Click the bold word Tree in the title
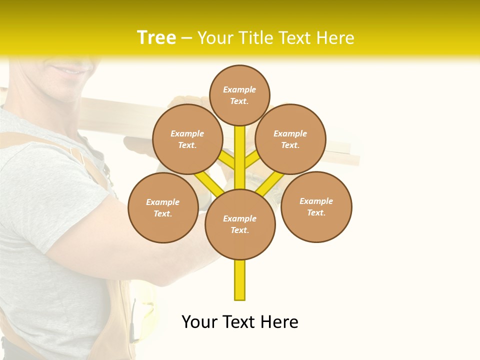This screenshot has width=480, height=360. (156, 38)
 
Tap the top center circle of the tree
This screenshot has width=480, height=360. (239, 95)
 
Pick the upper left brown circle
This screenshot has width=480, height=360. (187, 139)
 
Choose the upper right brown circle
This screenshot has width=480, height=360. (290, 139)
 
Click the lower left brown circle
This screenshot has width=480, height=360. (163, 207)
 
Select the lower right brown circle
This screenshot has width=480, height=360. (316, 206)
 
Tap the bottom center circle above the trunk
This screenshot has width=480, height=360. (240, 224)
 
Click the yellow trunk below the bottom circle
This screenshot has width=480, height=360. (240, 280)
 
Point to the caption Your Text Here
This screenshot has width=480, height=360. (240, 322)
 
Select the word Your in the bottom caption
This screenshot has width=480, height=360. (200, 322)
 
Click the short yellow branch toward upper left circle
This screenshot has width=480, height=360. (227, 160)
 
